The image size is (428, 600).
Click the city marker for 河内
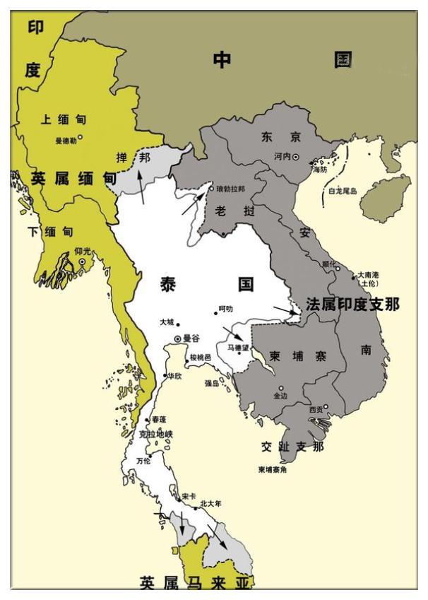coord(296,156)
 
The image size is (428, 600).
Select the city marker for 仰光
coord(83,261)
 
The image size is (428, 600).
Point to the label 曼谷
coord(191,339)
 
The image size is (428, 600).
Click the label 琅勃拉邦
coord(230,189)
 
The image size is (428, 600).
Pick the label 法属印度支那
coord(352,305)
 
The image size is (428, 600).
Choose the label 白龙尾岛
coord(343,191)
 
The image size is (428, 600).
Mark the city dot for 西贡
coord(326,406)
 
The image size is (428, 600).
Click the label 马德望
coord(238,347)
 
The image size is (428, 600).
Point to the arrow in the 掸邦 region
coord(143,187)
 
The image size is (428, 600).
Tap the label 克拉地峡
coord(155,433)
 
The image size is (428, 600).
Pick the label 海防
coord(319,170)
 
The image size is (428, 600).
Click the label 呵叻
coord(225,309)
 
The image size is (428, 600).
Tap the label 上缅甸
coord(64,119)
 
